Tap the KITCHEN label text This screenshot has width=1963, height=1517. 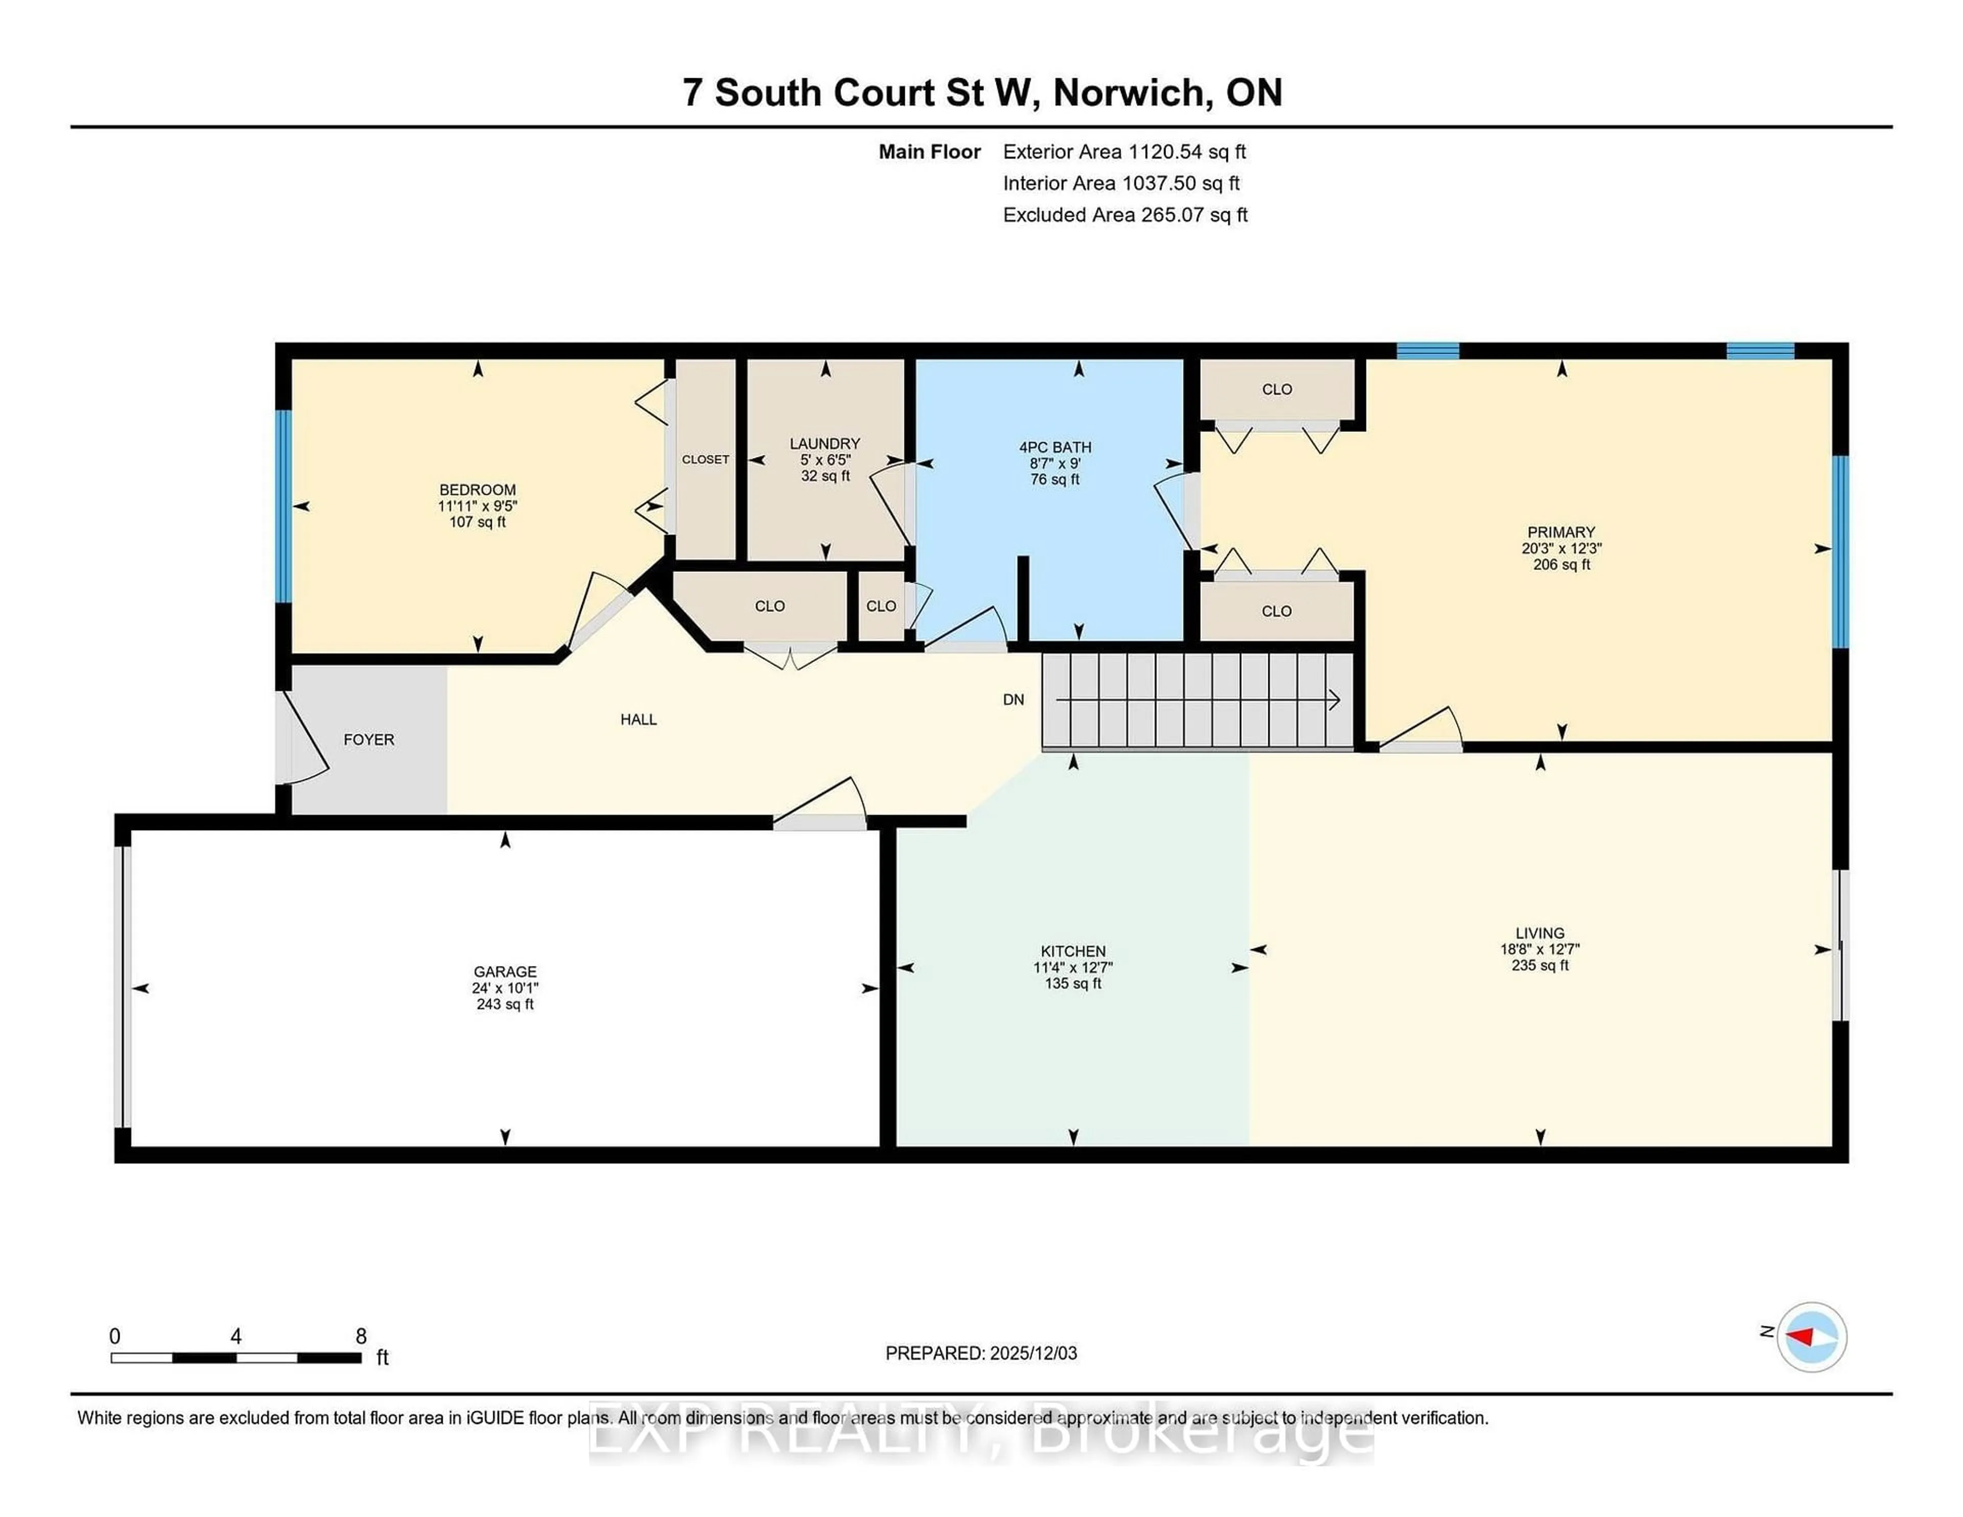tap(1072, 951)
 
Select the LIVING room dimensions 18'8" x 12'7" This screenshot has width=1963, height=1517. tap(1540, 949)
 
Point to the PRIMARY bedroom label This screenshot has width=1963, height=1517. tap(1560, 532)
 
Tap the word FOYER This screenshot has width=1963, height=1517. tap(369, 740)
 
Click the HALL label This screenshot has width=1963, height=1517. tap(638, 719)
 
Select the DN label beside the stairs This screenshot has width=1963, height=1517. tap(1013, 699)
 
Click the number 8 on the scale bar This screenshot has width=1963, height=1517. tap(361, 1337)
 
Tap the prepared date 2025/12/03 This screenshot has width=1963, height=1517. tap(1033, 1353)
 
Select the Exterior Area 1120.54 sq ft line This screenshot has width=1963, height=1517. tap(1124, 152)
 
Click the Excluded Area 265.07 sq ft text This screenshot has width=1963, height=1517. tap(1125, 215)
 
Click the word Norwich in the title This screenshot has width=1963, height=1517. tap(1128, 93)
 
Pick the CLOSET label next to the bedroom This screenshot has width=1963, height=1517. tap(705, 459)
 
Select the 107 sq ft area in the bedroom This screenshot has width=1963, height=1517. tap(477, 522)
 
